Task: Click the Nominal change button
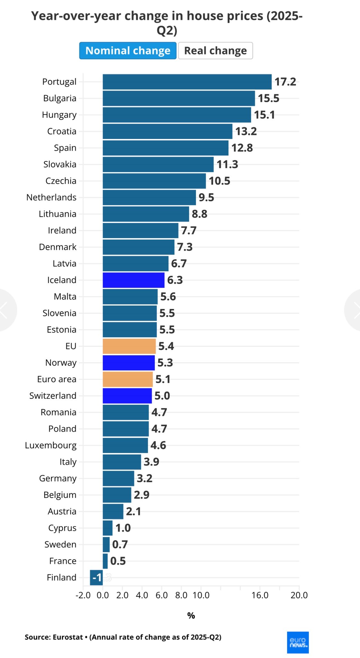[x=128, y=51]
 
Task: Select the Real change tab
[x=215, y=51]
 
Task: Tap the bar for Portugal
[x=187, y=82]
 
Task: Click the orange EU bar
[x=129, y=346]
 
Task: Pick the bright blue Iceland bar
[x=133, y=280]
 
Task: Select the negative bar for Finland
[x=96, y=578]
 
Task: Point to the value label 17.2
[x=285, y=82]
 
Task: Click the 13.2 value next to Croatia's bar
[x=246, y=131]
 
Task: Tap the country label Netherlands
[x=51, y=197]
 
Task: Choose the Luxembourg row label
[x=51, y=445]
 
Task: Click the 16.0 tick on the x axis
[x=260, y=595]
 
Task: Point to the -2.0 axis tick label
[x=83, y=595]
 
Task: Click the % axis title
[x=191, y=616]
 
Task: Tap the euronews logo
[x=298, y=643]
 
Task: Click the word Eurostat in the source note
[x=68, y=637]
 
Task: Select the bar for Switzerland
[x=127, y=396]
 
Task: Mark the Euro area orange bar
[x=128, y=379]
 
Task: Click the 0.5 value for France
[x=118, y=561]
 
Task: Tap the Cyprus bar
[x=108, y=528]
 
